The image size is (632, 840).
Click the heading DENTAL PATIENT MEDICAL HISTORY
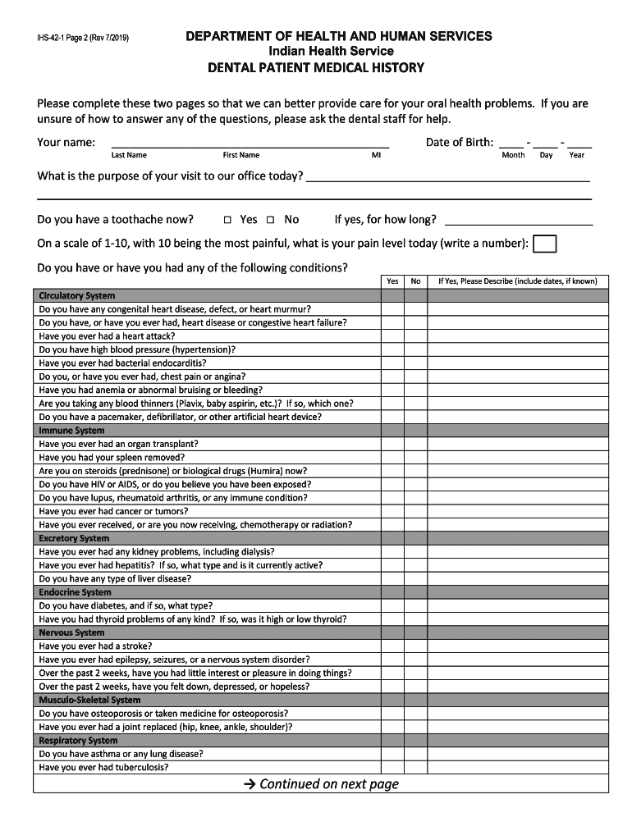pos(315,67)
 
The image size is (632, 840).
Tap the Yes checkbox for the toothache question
pos(228,220)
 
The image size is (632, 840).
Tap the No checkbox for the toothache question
pos(270,220)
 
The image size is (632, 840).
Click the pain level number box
pos(544,244)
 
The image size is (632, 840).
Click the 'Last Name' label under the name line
pos(129,155)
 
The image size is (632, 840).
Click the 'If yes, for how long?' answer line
pos(518,220)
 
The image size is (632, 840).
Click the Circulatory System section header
pos(77,295)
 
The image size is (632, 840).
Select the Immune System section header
pos(72,431)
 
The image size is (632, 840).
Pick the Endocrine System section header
pos(76,592)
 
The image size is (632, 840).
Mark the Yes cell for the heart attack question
pos(392,336)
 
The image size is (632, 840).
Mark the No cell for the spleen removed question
pos(415,458)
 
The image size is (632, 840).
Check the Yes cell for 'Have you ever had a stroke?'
pos(392,646)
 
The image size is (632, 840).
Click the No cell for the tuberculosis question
pos(415,768)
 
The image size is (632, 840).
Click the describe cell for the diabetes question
pos(517,606)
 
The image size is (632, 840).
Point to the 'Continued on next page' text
pos(321,784)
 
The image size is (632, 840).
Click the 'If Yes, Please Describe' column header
pos(517,281)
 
